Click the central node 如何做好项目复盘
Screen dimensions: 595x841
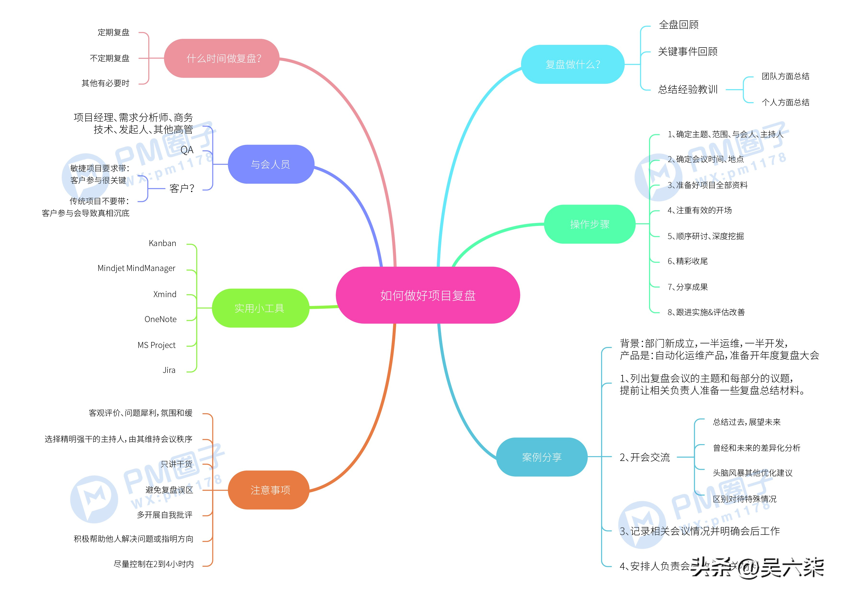428,295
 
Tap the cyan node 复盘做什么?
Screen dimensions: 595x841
573,65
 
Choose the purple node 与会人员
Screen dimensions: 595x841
271,164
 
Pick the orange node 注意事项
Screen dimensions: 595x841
270,490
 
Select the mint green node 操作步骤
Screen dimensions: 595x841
589,224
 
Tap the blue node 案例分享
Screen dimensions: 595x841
541,457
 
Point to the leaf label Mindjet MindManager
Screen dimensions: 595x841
136,268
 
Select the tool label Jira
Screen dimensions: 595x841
169,370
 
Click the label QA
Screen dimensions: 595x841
187,150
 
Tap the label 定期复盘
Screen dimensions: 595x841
114,32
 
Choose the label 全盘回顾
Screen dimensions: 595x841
678,24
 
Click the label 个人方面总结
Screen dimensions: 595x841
785,102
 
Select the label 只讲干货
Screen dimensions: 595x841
177,464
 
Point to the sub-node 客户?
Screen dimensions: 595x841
182,189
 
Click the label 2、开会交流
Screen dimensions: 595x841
644,457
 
